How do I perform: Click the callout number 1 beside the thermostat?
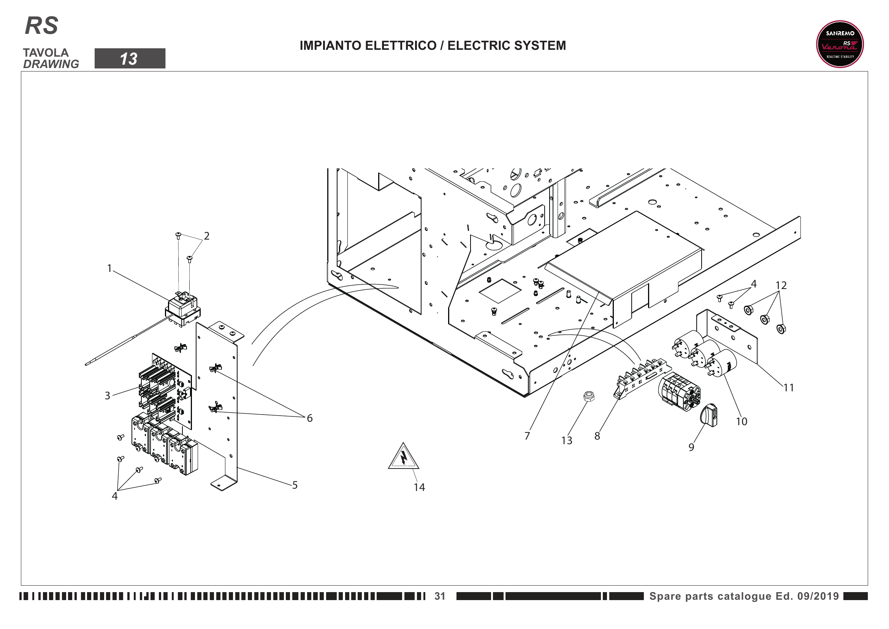pyautogui.click(x=109, y=268)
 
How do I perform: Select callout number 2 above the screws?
pyautogui.click(x=207, y=236)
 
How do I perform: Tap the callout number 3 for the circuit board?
pyautogui.click(x=108, y=396)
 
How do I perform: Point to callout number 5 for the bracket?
pyautogui.click(x=295, y=485)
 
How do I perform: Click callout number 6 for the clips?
pyautogui.click(x=310, y=418)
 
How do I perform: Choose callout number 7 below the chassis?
pyautogui.click(x=527, y=436)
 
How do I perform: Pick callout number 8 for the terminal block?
pyautogui.click(x=597, y=436)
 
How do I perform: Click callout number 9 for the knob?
pyautogui.click(x=691, y=447)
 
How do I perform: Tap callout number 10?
pyautogui.click(x=742, y=421)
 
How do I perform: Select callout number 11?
pyautogui.click(x=789, y=388)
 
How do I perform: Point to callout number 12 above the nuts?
pyautogui.click(x=781, y=286)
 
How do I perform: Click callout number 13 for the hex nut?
pyautogui.click(x=567, y=440)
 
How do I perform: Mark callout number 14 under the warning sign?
pyautogui.click(x=419, y=487)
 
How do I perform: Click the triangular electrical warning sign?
pyautogui.click(x=404, y=457)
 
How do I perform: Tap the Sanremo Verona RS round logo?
pyautogui.click(x=840, y=44)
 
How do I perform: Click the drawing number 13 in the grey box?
pyautogui.click(x=129, y=59)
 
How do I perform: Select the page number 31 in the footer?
pyautogui.click(x=440, y=596)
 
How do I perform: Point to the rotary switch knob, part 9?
pyautogui.click(x=709, y=415)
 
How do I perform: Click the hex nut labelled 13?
pyautogui.click(x=589, y=396)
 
